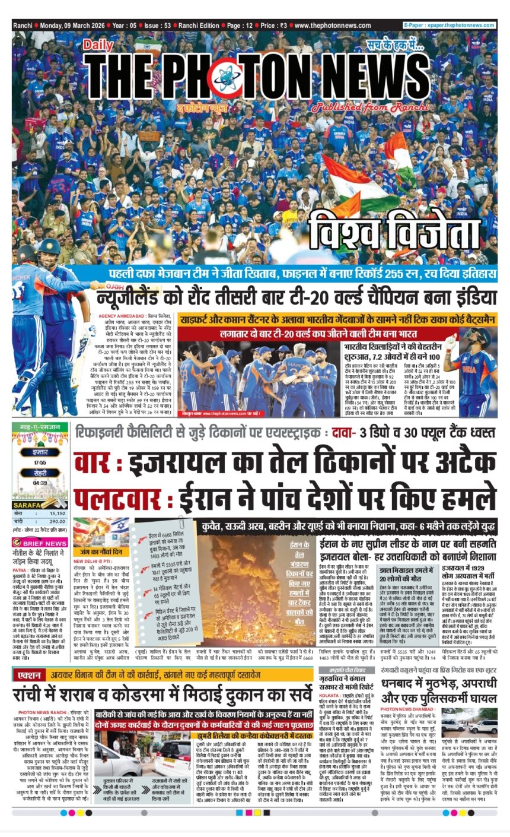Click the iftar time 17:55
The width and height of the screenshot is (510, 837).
pos(40,463)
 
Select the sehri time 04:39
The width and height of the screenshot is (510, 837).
pos(40,483)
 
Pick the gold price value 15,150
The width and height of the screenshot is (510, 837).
pos(56,513)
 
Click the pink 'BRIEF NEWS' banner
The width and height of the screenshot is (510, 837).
pos(40,543)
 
